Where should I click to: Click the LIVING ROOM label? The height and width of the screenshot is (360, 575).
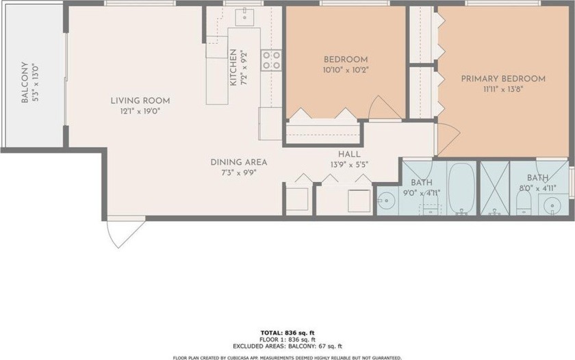(x=140, y=101)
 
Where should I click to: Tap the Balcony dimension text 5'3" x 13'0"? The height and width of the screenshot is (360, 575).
(x=35, y=83)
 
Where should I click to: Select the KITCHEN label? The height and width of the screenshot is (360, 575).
(x=233, y=68)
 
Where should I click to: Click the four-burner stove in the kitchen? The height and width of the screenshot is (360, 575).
(x=271, y=60)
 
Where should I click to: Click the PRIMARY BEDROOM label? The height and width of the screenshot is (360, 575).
(x=503, y=79)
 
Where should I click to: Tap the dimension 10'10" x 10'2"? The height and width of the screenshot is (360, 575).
(x=345, y=70)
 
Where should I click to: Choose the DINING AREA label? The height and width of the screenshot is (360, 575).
(x=239, y=162)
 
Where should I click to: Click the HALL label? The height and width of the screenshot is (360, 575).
(x=349, y=155)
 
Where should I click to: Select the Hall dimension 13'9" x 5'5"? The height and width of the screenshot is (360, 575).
(x=349, y=165)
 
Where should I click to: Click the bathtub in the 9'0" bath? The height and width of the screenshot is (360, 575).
(x=461, y=188)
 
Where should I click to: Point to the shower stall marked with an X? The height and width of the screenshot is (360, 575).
(x=495, y=188)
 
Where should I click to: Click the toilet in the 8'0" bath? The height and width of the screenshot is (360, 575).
(x=524, y=203)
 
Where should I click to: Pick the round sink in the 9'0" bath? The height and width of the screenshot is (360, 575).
(x=385, y=201)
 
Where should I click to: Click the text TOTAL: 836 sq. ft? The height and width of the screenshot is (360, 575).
(x=287, y=333)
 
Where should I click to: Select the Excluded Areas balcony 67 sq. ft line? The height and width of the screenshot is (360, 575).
(x=287, y=346)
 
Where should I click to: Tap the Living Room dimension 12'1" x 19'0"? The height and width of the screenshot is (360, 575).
(x=140, y=111)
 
